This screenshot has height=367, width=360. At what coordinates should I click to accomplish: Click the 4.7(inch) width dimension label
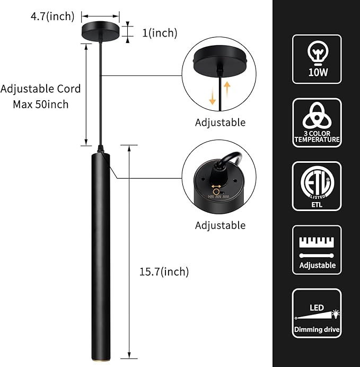(x=51, y=16)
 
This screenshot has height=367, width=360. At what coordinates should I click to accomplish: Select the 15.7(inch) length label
(x=164, y=272)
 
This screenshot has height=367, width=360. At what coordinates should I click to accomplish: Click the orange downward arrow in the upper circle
(x=213, y=95)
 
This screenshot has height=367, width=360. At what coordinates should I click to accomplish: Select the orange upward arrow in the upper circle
(x=227, y=88)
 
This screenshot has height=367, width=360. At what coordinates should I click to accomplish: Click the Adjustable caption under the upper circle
(x=220, y=123)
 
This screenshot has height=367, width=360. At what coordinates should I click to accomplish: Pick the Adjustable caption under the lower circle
(x=220, y=225)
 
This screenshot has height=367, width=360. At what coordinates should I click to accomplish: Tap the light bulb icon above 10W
(x=317, y=52)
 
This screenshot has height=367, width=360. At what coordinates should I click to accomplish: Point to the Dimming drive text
(x=317, y=329)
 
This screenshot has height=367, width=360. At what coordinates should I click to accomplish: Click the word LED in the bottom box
(x=317, y=308)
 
